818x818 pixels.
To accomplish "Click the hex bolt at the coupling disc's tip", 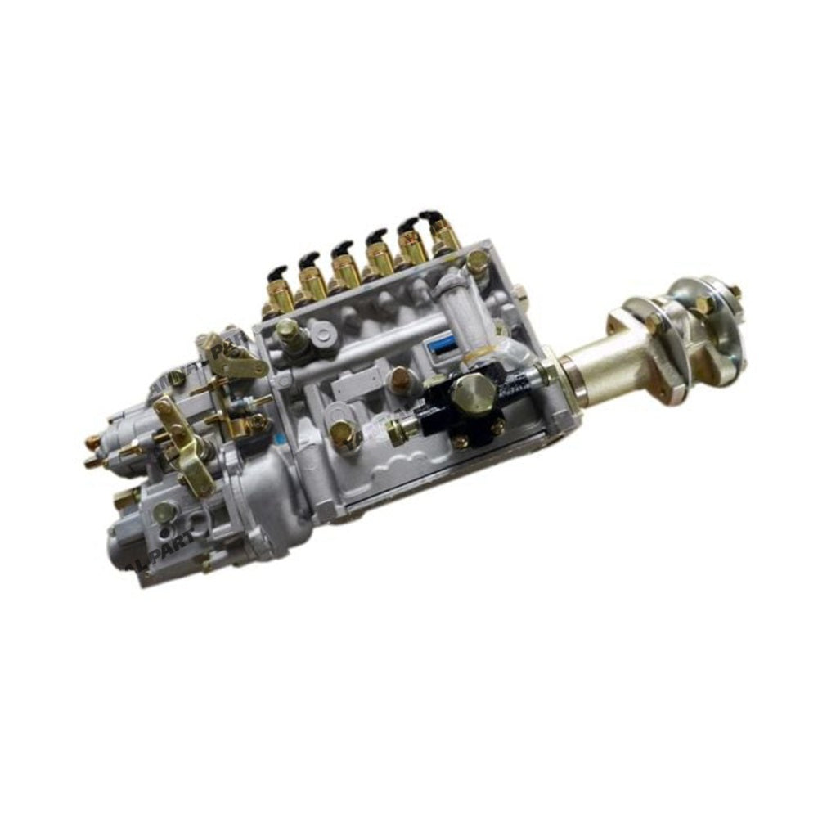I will tap(734, 291).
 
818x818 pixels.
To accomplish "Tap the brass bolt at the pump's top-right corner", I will tap(477, 259).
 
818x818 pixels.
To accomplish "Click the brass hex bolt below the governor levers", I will tap(164, 511).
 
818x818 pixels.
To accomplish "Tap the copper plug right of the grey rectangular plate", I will tap(400, 378).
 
